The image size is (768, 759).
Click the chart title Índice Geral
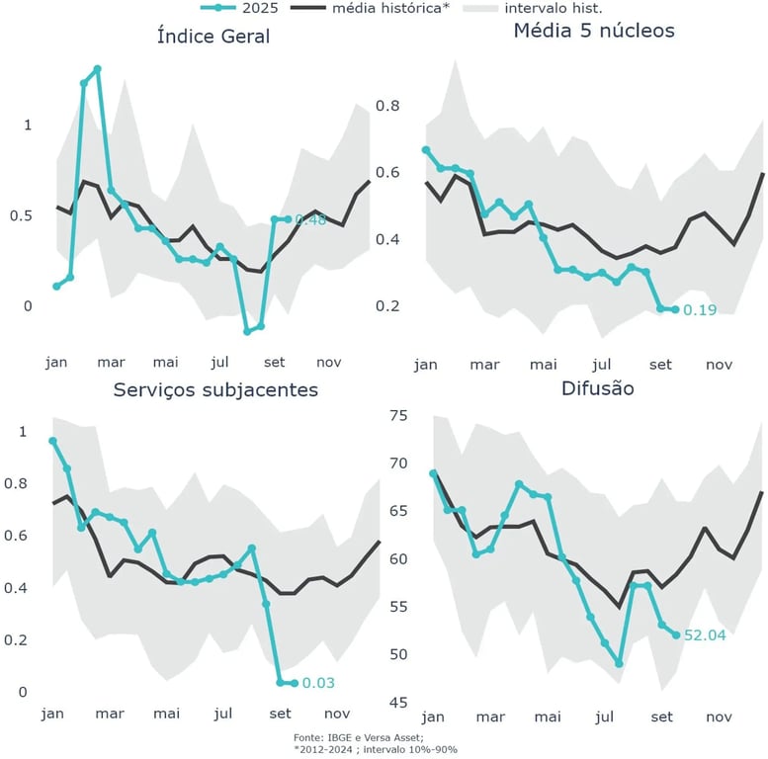point(213,37)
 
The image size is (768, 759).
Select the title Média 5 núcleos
point(593,31)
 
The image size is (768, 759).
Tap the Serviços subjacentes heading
point(215,389)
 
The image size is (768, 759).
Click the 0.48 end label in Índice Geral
point(309,220)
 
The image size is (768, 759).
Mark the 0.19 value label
point(699,310)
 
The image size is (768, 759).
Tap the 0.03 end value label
point(318,683)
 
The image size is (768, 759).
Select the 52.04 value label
point(705,635)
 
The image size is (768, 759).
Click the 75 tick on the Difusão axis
point(397,415)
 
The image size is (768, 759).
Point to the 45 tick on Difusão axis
point(397,703)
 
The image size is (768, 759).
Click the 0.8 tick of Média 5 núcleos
point(386,106)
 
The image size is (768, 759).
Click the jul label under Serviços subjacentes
point(222,713)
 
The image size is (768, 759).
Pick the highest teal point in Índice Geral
point(97,69)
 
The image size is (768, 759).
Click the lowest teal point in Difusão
point(619,663)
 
